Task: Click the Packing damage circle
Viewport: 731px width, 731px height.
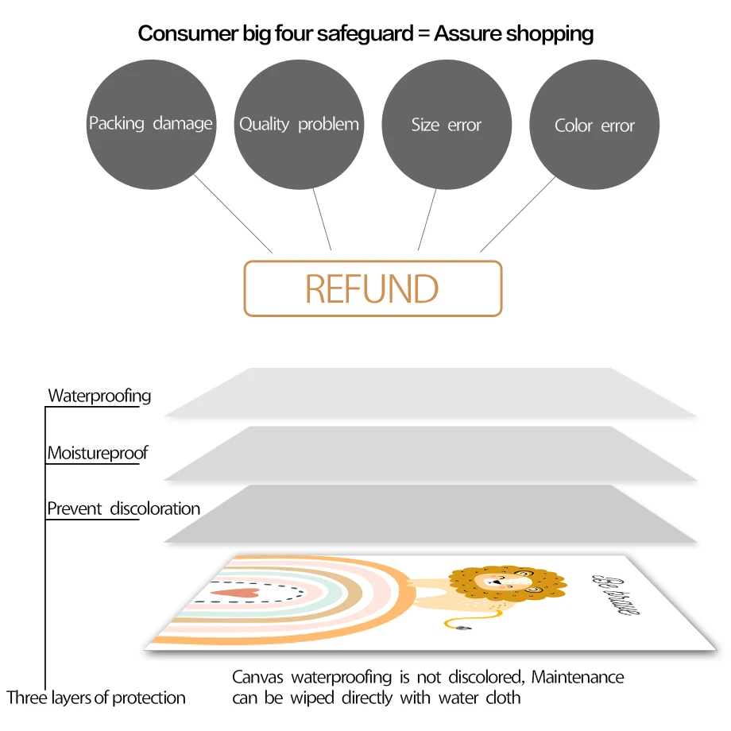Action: point(151,125)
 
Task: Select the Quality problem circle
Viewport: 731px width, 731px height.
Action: point(299,125)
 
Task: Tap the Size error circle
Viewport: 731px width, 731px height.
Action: point(447,125)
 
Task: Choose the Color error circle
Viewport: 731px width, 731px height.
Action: point(594,125)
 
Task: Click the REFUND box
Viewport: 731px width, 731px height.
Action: point(373,288)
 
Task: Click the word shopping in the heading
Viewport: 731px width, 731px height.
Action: point(550,33)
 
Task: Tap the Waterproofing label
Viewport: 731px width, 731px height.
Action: point(99,395)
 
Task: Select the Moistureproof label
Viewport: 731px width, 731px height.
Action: point(98,454)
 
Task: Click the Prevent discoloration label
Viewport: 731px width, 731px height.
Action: point(123,509)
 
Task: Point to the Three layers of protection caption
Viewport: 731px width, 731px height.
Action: point(96,698)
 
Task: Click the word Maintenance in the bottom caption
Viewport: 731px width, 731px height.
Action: point(578,678)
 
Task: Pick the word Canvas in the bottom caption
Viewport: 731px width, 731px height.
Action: point(259,678)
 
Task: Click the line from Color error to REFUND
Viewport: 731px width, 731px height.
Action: point(518,214)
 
